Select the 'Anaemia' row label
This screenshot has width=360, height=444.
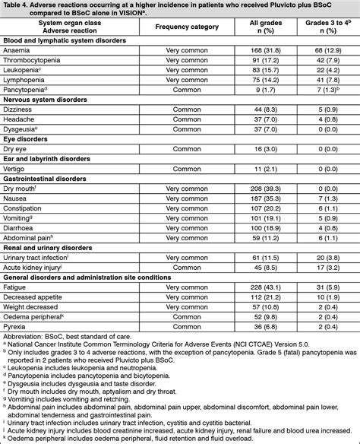tap(17, 49)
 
